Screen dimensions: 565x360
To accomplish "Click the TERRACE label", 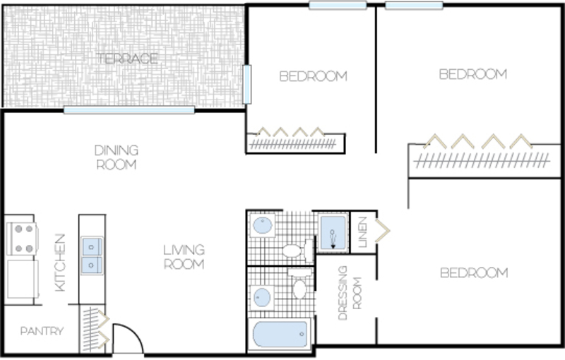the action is pyautogui.click(x=127, y=59).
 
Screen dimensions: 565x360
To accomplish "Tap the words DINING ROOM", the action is pyautogui.click(x=117, y=157).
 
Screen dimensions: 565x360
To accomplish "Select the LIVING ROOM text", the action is pyautogui.click(x=184, y=257).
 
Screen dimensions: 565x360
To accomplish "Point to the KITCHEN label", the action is pyautogui.click(x=60, y=263).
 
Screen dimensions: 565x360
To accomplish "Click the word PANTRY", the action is pyautogui.click(x=42, y=331).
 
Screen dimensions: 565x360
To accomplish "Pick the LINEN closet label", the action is pyautogui.click(x=362, y=232).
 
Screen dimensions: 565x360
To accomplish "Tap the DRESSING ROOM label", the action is pyautogui.click(x=350, y=293).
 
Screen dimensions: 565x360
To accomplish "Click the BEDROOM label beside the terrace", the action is pyautogui.click(x=313, y=76).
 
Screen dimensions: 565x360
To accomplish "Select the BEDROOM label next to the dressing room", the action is pyautogui.click(x=474, y=273).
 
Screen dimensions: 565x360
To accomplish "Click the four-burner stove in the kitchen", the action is pyautogui.click(x=23, y=239).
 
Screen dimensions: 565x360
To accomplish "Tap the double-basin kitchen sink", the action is pyautogui.click(x=92, y=256).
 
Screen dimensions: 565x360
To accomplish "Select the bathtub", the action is pyautogui.click(x=280, y=335).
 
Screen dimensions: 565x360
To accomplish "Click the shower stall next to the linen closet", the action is pyautogui.click(x=333, y=232).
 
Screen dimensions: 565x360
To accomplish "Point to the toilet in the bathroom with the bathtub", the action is pyautogui.click(x=299, y=284).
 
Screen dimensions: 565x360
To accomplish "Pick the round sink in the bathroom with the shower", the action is pyautogui.click(x=262, y=225).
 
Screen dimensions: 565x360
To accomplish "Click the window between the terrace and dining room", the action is pyautogui.click(x=129, y=110).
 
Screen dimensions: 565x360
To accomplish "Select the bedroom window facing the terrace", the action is pyautogui.click(x=246, y=84).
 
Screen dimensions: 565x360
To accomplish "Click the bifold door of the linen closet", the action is pyautogui.click(x=382, y=230).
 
